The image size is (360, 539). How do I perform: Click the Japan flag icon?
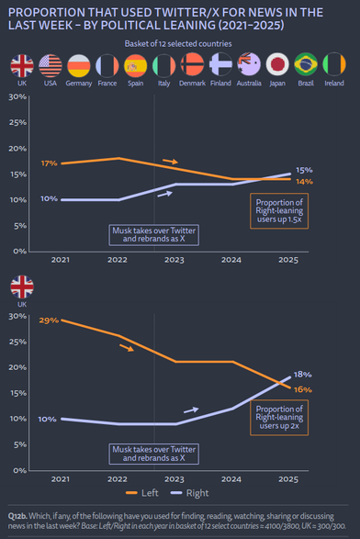(x=277, y=64)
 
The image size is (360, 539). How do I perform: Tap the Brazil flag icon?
(x=306, y=64)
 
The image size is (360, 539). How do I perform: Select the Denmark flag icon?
(x=192, y=64)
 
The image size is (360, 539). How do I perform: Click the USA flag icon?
(x=51, y=65)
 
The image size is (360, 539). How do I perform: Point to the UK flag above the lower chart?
(x=22, y=286)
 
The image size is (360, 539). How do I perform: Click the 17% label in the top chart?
(x=50, y=163)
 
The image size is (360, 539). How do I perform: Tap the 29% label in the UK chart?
(x=49, y=320)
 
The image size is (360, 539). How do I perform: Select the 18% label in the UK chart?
(x=303, y=375)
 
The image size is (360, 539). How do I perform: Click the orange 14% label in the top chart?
(x=304, y=182)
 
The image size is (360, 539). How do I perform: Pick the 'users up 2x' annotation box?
(x=279, y=418)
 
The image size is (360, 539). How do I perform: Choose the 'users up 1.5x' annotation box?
(x=279, y=211)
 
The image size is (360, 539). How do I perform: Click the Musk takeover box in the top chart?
(x=154, y=235)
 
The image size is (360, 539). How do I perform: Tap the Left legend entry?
(x=142, y=493)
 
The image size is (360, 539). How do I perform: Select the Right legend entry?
(x=190, y=493)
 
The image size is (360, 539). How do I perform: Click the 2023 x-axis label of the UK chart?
(x=174, y=479)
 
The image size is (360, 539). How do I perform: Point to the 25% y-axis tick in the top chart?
(x=17, y=123)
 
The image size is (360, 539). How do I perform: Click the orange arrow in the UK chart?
(x=127, y=348)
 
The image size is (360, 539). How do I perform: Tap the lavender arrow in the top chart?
(x=164, y=195)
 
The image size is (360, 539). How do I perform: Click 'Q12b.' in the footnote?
(x=17, y=516)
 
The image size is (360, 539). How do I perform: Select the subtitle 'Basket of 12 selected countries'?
(x=178, y=44)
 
